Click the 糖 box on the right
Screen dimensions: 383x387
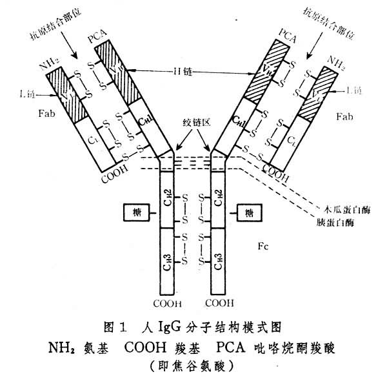[247, 211]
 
